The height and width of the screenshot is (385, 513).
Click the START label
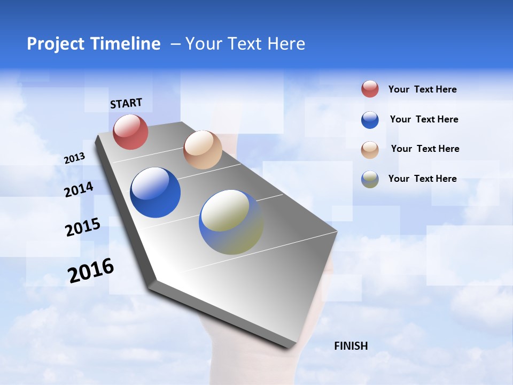pyautogui.click(x=126, y=103)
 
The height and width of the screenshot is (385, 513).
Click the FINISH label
pyautogui.click(x=351, y=346)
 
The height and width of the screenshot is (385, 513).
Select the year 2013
pyautogui.click(x=74, y=158)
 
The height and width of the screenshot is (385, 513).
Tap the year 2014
pyautogui.click(x=79, y=189)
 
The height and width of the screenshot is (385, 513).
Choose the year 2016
pyautogui.click(x=90, y=271)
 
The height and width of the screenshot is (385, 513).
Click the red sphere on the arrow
pyautogui.click(x=130, y=132)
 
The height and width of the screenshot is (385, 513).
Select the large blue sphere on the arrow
pyautogui.click(x=155, y=192)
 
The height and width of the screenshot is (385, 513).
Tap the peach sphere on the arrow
pyautogui.click(x=203, y=150)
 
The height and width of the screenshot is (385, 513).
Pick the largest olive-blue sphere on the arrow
pyautogui.click(x=231, y=222)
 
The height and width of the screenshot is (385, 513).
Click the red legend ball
pyautogui.click(x=370, y=89)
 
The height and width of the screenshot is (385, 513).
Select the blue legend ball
pyautogui.click(x=370, y=120)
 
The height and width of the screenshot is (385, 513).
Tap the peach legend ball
pyautogui.click(x=370, y=150)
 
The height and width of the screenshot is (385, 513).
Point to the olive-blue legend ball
pyautogui.click(x=370, y=179)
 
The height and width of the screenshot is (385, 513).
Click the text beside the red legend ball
pyautogui.click(x=422, y=89)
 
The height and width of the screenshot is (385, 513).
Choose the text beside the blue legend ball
pyautogui.click(x=424, y=119)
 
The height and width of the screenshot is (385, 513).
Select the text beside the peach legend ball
pyautogui.click(x=425, y=149)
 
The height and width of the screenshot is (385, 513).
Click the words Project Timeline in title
pyautogui.click(x=94, y=44)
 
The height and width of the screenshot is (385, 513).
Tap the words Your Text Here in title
pyautogui.click(x=245, y=44)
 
